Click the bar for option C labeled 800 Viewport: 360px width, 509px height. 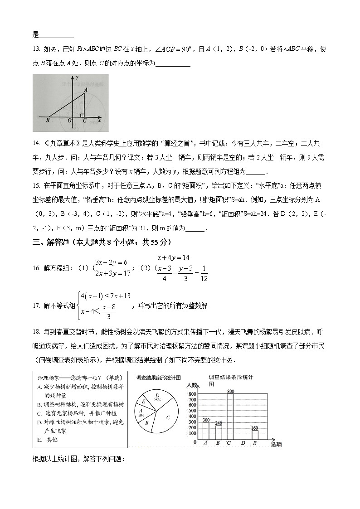[x=230, y=417]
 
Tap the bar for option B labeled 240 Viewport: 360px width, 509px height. [x=219, y=432]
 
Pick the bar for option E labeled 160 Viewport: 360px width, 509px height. [x=255, y=435]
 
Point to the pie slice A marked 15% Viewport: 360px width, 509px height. [x=141, y=413]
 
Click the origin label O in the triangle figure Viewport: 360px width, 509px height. [x=69, y=121]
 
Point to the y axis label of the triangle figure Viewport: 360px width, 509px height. [x=78, y=77]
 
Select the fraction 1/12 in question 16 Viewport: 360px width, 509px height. [x=204, y=275]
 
